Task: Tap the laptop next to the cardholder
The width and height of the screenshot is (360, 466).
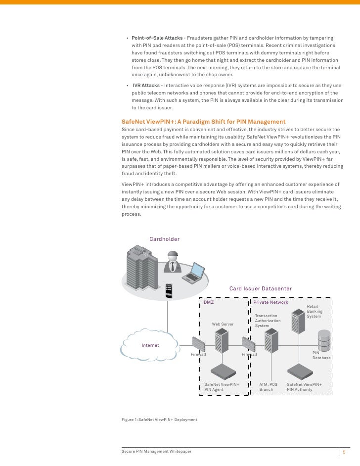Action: coord(193,273)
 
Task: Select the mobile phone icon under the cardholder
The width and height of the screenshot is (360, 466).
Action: coord(169,290)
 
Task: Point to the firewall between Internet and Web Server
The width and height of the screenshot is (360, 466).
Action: coord(198,343)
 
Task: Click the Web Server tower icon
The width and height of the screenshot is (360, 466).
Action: coord(220,341)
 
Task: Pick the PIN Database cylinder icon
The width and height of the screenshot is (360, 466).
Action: coord(324,339)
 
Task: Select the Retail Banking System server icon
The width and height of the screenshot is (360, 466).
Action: coord(298,322)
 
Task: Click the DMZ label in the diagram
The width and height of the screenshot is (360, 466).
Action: coord(209,302)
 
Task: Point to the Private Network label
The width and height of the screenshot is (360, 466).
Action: coord(270,302)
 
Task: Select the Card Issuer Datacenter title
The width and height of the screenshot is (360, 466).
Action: coord(260,288)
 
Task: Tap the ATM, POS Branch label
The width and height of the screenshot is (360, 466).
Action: coord(269,387)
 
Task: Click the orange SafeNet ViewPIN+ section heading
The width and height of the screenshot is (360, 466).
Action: coord(203,121)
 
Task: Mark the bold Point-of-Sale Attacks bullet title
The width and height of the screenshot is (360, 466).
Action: coord(157,38)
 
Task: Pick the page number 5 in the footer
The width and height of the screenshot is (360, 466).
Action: coord(345,452)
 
